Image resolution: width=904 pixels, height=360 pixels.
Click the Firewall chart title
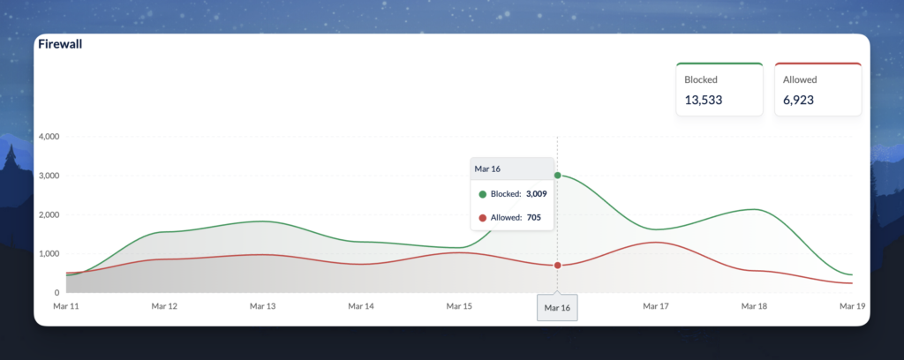[x=60, y=44]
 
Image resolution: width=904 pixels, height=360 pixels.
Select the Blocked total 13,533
[x=704, y=101]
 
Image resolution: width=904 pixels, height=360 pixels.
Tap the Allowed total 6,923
[x=798, y=101]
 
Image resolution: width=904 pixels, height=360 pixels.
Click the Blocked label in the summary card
[x=701, y=79]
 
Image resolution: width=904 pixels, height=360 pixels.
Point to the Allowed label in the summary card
[x=800, y=79]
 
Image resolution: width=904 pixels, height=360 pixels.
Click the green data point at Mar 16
[x=557, y=176]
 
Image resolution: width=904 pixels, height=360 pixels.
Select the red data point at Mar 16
[x=557, y=266]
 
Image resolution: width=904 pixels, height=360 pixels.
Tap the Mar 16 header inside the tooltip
[x=488, y=168]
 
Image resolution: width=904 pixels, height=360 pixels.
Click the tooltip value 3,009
[x=537, y=193]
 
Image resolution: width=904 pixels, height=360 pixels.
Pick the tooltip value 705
[x=533, y=217]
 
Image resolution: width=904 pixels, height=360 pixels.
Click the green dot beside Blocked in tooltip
[x=482, y=193]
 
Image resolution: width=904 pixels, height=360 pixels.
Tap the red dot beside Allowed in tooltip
[x=482, y=217]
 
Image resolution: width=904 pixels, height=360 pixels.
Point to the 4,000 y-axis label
[x=46, y=137]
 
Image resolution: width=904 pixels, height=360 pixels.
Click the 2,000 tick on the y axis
[x=46, y=214]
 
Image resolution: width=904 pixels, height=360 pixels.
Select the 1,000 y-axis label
[x=46, y=253]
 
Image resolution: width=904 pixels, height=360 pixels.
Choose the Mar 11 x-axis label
[x=65, y=306]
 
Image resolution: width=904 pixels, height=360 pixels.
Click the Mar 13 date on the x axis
[x=262, y=306]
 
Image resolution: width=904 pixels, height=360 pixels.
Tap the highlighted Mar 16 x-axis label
[x=557, y=307]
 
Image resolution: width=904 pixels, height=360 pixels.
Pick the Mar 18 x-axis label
[x=754, y=306]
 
